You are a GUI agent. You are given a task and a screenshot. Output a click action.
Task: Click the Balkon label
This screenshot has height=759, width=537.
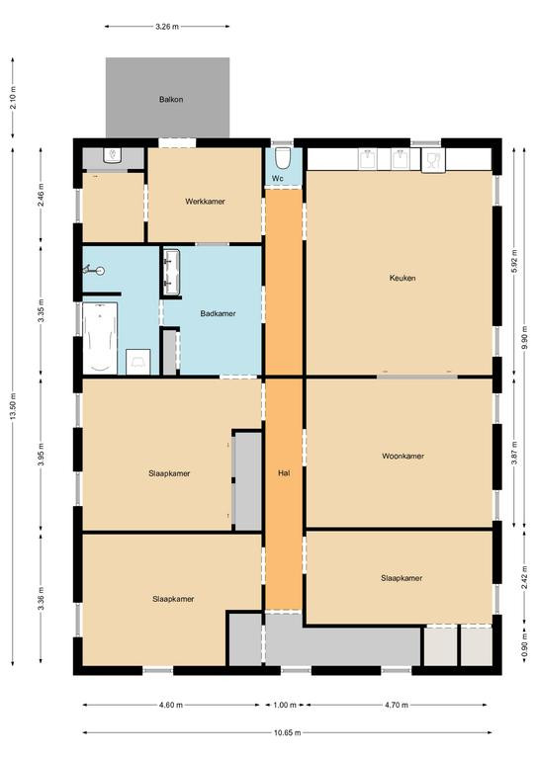(171, 99)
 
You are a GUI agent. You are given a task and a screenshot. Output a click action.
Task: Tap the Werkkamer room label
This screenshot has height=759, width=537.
(205, 202)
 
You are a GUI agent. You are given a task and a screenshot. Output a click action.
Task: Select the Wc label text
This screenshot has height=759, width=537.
(278, 178)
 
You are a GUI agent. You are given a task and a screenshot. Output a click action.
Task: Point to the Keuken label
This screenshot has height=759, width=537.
(403, 278)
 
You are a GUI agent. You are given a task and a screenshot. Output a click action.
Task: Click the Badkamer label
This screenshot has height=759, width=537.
(218, 313)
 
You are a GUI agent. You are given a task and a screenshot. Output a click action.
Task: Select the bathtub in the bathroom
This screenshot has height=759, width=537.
(100, 338)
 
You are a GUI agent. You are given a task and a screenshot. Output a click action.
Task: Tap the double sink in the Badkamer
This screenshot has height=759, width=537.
(171, 272)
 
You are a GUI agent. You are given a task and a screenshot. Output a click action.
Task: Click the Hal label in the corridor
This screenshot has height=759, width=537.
(284, 473)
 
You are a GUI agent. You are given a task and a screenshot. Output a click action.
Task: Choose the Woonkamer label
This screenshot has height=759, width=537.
(403, 456)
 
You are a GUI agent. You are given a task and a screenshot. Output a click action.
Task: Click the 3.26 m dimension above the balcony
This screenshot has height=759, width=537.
(167, 27)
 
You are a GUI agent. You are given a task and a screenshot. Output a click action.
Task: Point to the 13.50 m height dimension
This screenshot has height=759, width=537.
(13, 407)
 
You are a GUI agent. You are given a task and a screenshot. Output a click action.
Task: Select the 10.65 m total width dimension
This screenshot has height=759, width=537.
(287, 732)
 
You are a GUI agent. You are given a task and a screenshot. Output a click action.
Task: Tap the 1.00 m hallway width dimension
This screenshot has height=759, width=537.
(284, 705)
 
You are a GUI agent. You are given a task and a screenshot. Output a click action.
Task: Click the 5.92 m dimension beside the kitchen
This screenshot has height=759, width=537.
(514, 261)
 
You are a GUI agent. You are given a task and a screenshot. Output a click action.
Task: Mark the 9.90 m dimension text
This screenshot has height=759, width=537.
(525, 337)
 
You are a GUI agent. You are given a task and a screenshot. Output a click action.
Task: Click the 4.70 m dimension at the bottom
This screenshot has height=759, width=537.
(397, 705)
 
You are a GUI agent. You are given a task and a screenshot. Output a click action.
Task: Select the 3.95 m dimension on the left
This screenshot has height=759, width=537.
(42, 454)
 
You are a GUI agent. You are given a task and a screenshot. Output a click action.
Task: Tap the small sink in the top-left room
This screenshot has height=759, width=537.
(113, 156)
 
